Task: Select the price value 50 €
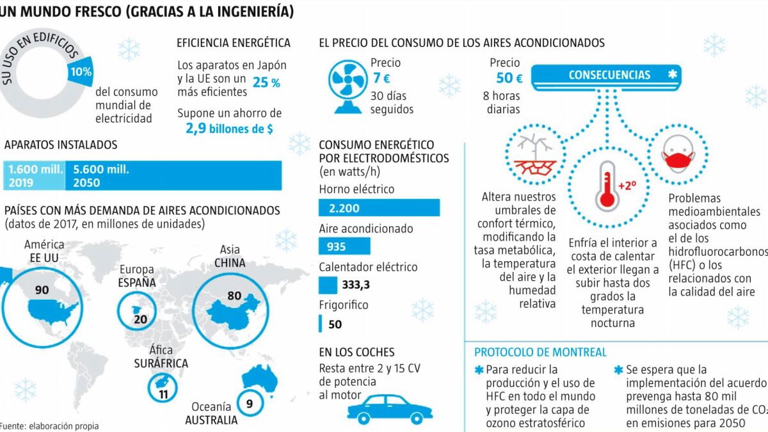point(509,78)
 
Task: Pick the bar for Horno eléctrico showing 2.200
point(379,207)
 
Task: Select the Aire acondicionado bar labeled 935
point(344,246)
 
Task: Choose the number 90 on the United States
point(42,290)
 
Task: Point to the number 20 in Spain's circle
point(141,319)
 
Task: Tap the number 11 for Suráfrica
point(163,394)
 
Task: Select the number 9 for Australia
point(250,403)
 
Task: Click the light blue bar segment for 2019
point(35,175)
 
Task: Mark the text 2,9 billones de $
point(229,128)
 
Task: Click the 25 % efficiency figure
point(266,83)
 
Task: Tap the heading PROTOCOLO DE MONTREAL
point(540,353)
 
